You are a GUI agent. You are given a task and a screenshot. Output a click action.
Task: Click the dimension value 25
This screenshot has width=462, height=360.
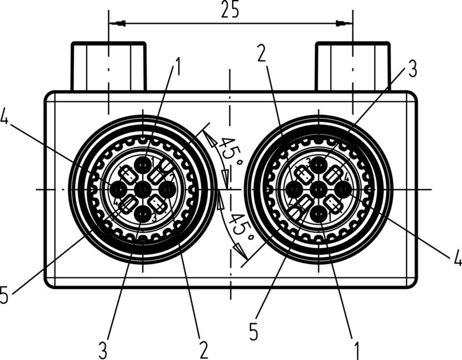[230, 11]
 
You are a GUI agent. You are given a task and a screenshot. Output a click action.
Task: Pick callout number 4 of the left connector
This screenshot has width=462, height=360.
[6, 118]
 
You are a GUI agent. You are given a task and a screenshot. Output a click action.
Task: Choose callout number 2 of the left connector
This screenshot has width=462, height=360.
[203, 349]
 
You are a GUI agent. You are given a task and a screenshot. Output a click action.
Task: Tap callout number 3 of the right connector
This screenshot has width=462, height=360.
[412, 69]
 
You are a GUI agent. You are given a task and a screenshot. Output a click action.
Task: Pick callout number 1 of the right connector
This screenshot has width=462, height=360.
[356, 349]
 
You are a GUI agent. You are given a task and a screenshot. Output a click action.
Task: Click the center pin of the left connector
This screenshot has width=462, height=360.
[142, 189]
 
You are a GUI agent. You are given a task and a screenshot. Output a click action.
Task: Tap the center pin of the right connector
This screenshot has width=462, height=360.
[318, 189]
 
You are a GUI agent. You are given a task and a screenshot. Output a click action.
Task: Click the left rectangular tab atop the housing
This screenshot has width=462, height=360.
[109, 66]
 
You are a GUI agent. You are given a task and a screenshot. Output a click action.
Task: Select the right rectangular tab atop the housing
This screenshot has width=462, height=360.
[352, 66]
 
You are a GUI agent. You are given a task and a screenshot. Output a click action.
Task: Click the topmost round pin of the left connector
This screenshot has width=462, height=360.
[142, 165]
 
